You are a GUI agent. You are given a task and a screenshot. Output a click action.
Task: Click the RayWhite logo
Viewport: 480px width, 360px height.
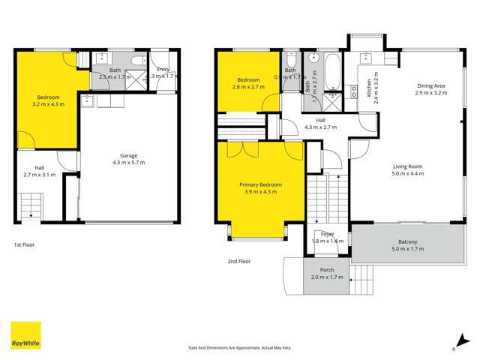click(25, 336)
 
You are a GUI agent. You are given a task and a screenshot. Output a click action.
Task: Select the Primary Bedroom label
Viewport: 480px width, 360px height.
click(258, 184)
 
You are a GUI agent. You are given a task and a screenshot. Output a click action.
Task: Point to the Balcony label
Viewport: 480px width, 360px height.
click(407, 242)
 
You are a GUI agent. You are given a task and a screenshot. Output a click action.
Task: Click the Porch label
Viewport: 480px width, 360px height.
click(327, 270)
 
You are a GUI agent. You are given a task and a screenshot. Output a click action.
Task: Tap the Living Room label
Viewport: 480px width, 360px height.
click(407, 166)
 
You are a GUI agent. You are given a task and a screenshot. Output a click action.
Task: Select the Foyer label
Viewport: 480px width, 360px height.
click(327, 234)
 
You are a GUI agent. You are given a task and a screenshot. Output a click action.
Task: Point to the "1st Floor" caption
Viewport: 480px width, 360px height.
click(24, 244)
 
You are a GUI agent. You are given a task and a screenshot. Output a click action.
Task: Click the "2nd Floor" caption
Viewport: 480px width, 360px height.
click(238, 261)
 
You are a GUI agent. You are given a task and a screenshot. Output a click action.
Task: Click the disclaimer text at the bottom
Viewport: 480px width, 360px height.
click(240, 347)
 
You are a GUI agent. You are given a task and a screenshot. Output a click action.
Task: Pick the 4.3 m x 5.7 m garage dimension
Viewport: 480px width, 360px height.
click(127, 162)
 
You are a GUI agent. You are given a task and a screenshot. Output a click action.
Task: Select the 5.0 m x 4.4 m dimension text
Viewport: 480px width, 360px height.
click(407, 173)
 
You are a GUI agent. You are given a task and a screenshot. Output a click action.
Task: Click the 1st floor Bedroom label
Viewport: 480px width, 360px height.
click(48, 97)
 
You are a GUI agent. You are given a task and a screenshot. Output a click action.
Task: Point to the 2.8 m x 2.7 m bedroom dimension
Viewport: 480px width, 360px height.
click(249, 87)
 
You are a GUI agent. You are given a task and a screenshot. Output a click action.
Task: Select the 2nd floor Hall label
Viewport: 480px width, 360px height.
click(320, 120)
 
